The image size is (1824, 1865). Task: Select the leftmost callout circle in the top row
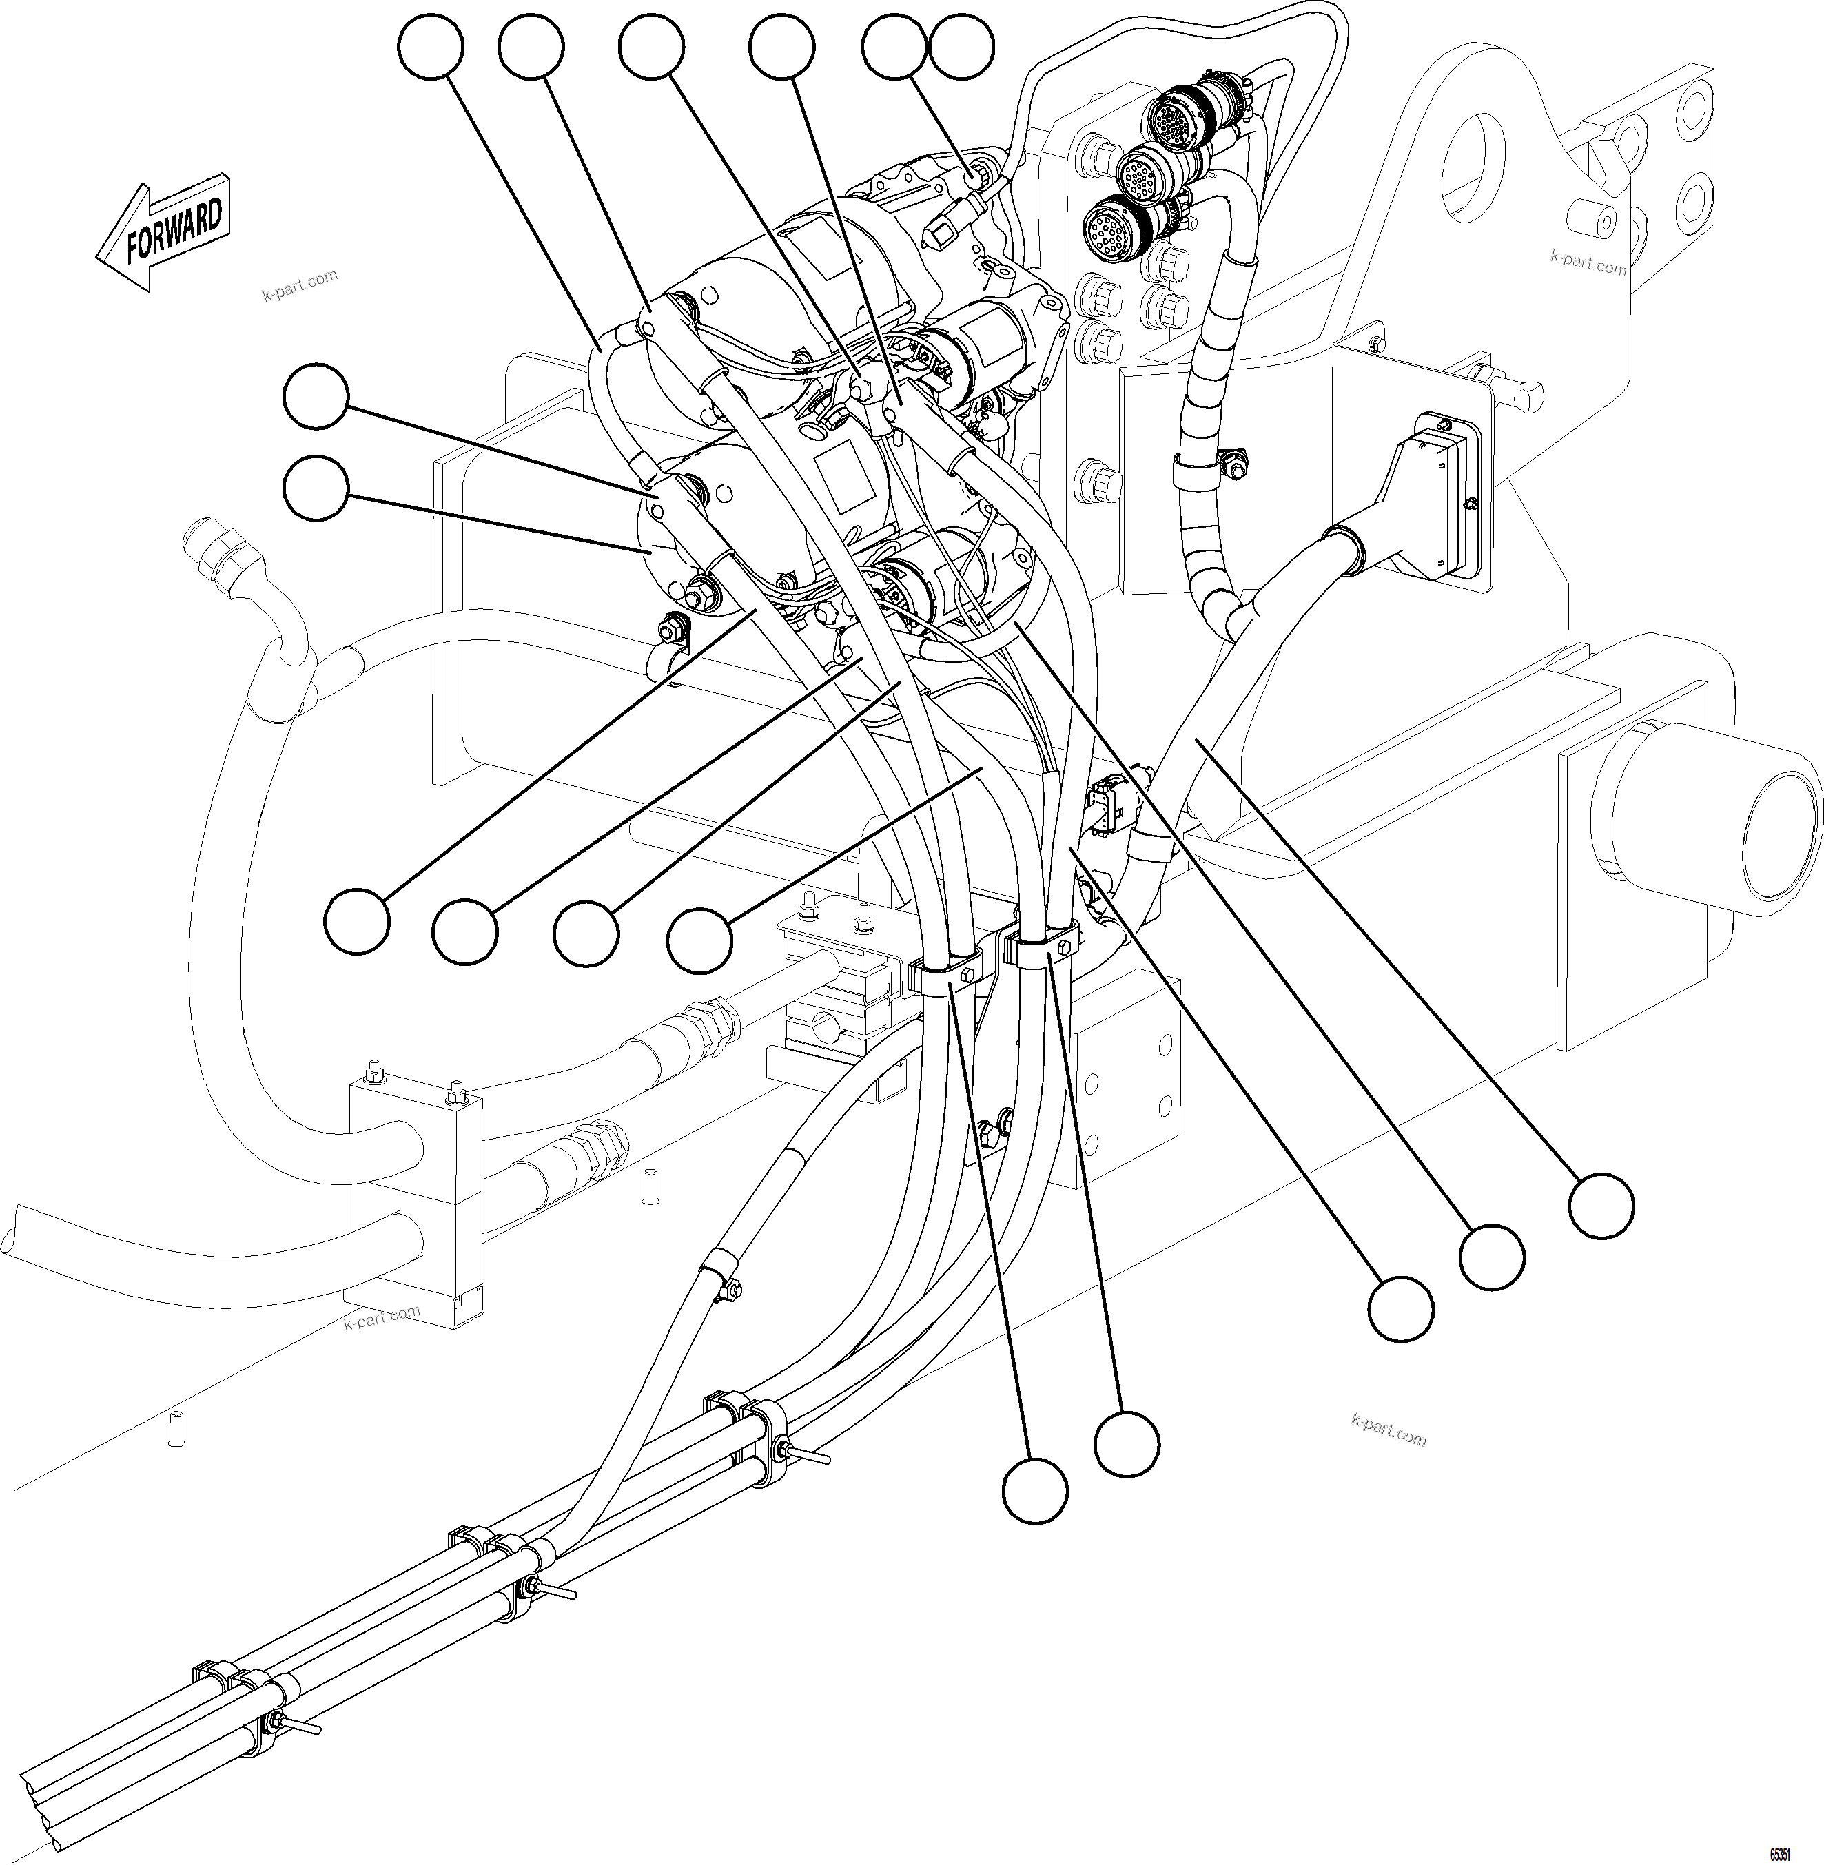(431, 46)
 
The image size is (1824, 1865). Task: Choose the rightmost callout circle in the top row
(962, 46)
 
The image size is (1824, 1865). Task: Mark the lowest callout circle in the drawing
(1034, 1490)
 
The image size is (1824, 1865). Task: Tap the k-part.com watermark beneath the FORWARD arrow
(299, 285)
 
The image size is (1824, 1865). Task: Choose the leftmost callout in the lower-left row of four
(356, 920)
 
